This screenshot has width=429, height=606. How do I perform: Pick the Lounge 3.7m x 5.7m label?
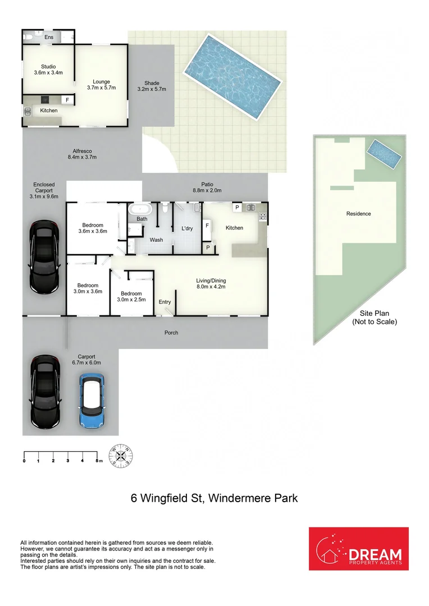coord(102,85)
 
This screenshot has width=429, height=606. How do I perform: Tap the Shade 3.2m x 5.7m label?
coord(152,86)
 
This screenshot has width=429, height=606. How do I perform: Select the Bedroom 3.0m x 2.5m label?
coord(131,297)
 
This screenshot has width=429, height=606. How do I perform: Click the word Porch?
coord(171,333)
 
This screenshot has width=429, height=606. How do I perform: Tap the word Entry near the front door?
coord(165,302)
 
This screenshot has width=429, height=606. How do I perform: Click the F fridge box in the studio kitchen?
coord(67,100)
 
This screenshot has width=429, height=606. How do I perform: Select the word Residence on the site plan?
coord(358,214)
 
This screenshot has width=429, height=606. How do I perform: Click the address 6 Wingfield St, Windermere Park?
coord(214,498)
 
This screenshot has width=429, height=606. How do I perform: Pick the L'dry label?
coord(187,228)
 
